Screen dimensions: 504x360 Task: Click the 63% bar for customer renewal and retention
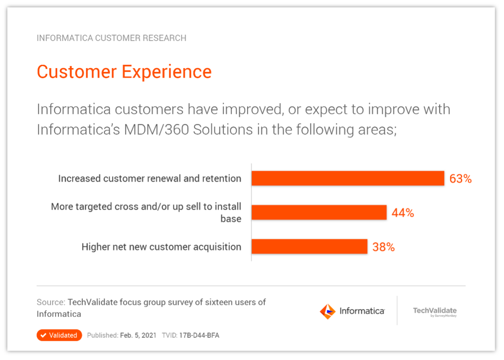tap(348, 178)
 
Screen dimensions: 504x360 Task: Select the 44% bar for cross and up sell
tap(319, 212)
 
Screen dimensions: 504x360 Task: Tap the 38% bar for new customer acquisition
tap(309, 247)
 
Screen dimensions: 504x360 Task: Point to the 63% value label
tap(461, 179)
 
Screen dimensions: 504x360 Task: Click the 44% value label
tap(403, 213)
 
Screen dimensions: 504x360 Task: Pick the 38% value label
tap(383, 247)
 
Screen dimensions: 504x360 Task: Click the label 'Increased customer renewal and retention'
tap(150, 179)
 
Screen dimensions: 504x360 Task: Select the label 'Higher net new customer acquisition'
tap(161, 247)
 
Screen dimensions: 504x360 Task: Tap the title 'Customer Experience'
tap(124, 71)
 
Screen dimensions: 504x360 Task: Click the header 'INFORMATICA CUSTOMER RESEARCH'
tap(112, 38)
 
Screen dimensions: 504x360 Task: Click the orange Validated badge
tap(59, 335)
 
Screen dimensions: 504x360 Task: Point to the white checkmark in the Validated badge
tap(43, 335)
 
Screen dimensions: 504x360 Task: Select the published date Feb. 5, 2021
tap(138, 335)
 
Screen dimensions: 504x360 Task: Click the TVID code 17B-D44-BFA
tap(199, 335)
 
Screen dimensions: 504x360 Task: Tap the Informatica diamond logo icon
tap(328, 311)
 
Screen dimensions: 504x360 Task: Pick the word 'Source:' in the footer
tap(51, 302)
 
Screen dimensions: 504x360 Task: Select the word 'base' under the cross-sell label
tap(231, 219)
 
